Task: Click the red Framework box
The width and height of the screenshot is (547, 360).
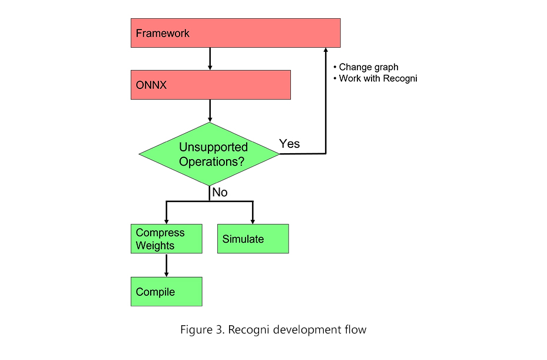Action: pyautogui.click(x=236, y=33)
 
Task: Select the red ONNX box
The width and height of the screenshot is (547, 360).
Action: pyautogui.click(x=211, y=85)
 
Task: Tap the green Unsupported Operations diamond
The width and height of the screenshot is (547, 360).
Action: pyautogui.click(x=209, y=154)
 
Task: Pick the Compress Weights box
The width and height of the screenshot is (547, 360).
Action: pyautogui.click(x=167, y=239)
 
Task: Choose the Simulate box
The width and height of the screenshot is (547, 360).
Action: pyautogui.click(x=253, y=239)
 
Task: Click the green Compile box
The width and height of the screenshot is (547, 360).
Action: pyautogui.click(x=167, y=292)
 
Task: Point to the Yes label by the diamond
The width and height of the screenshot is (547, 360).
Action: pyautogui.click(x=289, y=144)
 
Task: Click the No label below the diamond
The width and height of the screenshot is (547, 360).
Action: pyautogui.click(x=220, y=192)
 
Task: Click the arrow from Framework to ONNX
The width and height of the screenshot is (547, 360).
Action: pyautogui.click(x=210, y=59)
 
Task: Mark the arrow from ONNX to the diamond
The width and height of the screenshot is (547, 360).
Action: pyautogui.click(x=210, y=111)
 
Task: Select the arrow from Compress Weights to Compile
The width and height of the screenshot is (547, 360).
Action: pyautogui.click(x=167, y=265)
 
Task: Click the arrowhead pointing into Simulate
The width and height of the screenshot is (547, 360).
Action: pyautogui.click(x=253, y=222)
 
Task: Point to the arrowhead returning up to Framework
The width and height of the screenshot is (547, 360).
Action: pyautogui.click(x=326, y=50)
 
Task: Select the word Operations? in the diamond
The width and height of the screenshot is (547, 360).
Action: pyautogui.click(x=212, y=161)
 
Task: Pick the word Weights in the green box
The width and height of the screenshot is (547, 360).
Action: pyautogui.click(x=155, y=246)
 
